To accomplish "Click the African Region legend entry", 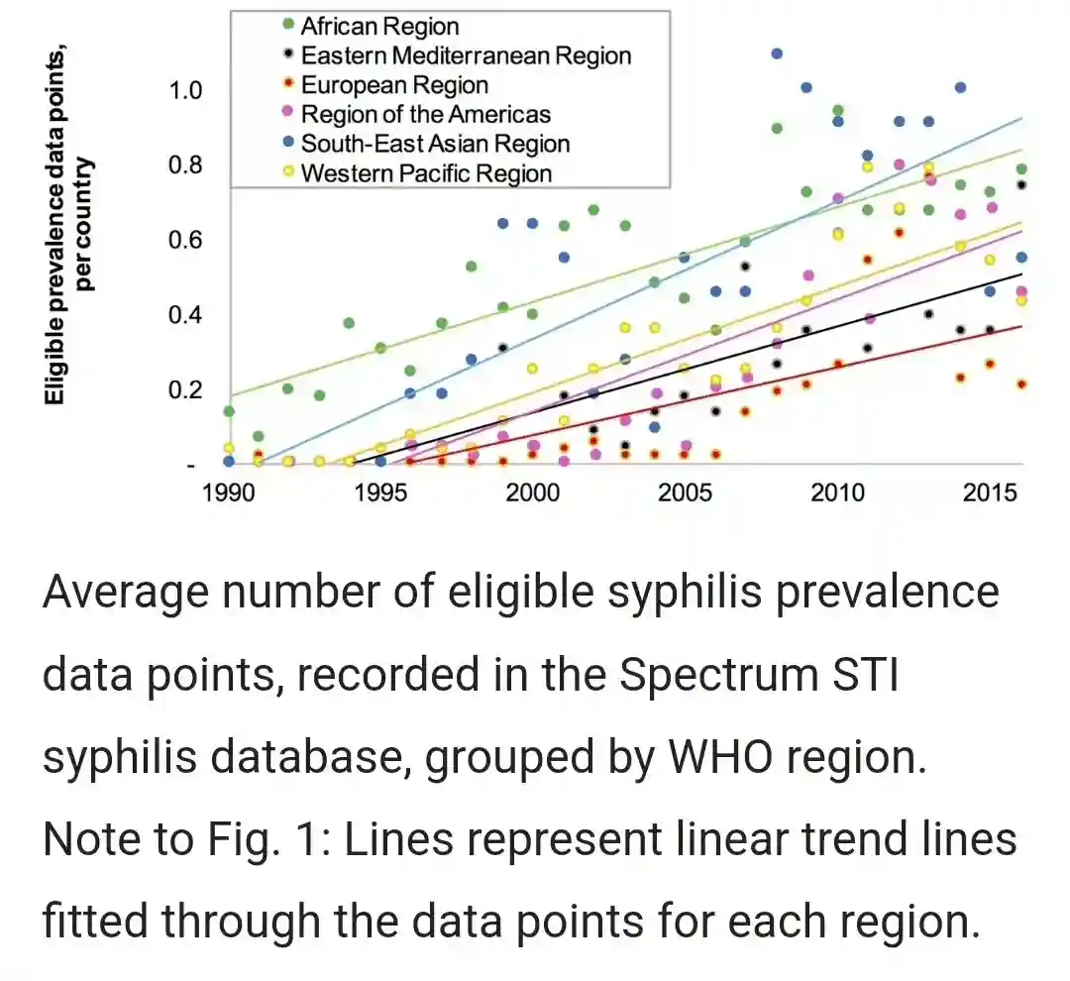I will point(379,27).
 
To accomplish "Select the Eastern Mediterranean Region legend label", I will point(466,56).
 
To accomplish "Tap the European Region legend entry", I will point(394,86).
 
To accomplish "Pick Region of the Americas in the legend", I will point(426,115).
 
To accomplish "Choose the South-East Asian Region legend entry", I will point(435,145).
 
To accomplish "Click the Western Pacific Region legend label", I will point(426,174).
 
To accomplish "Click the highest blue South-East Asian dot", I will point(777,54).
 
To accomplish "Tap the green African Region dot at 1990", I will point(229,411).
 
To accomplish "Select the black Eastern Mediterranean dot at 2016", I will point(1021,184).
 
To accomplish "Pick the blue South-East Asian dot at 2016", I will point(1021,258).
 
